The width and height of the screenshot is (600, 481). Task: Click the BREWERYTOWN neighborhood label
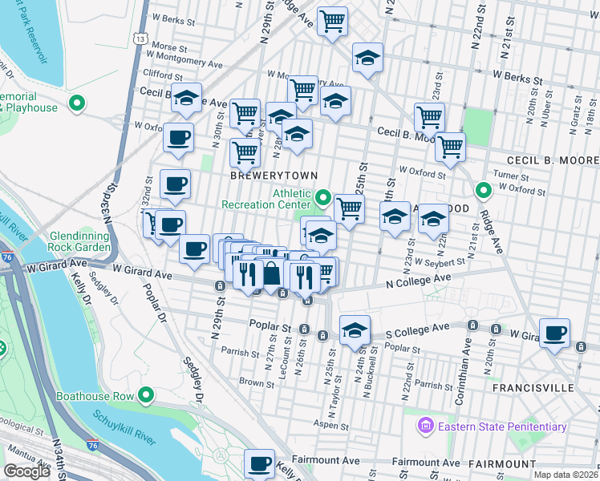point(274,175)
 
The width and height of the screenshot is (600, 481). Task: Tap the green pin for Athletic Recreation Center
point(323,196)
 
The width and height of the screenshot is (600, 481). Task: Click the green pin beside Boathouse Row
point(146,394)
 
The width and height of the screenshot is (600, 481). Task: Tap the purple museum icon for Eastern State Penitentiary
point(425,426)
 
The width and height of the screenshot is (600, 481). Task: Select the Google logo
point(26,471)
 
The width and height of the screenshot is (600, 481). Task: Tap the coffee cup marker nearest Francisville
point(554,333)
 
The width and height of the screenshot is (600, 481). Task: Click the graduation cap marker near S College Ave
point(354,330)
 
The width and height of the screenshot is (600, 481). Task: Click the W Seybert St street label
point(438,261)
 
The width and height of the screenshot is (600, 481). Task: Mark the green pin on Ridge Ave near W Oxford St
point(483,191)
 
